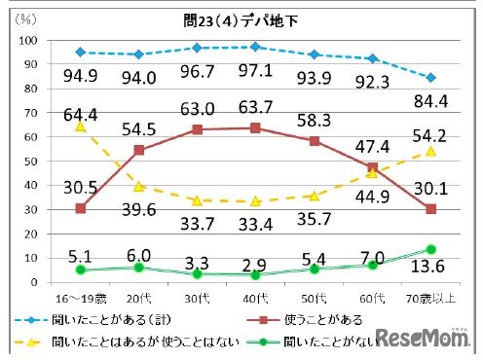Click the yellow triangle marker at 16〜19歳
80,126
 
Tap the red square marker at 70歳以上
430,209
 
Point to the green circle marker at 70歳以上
430,249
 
